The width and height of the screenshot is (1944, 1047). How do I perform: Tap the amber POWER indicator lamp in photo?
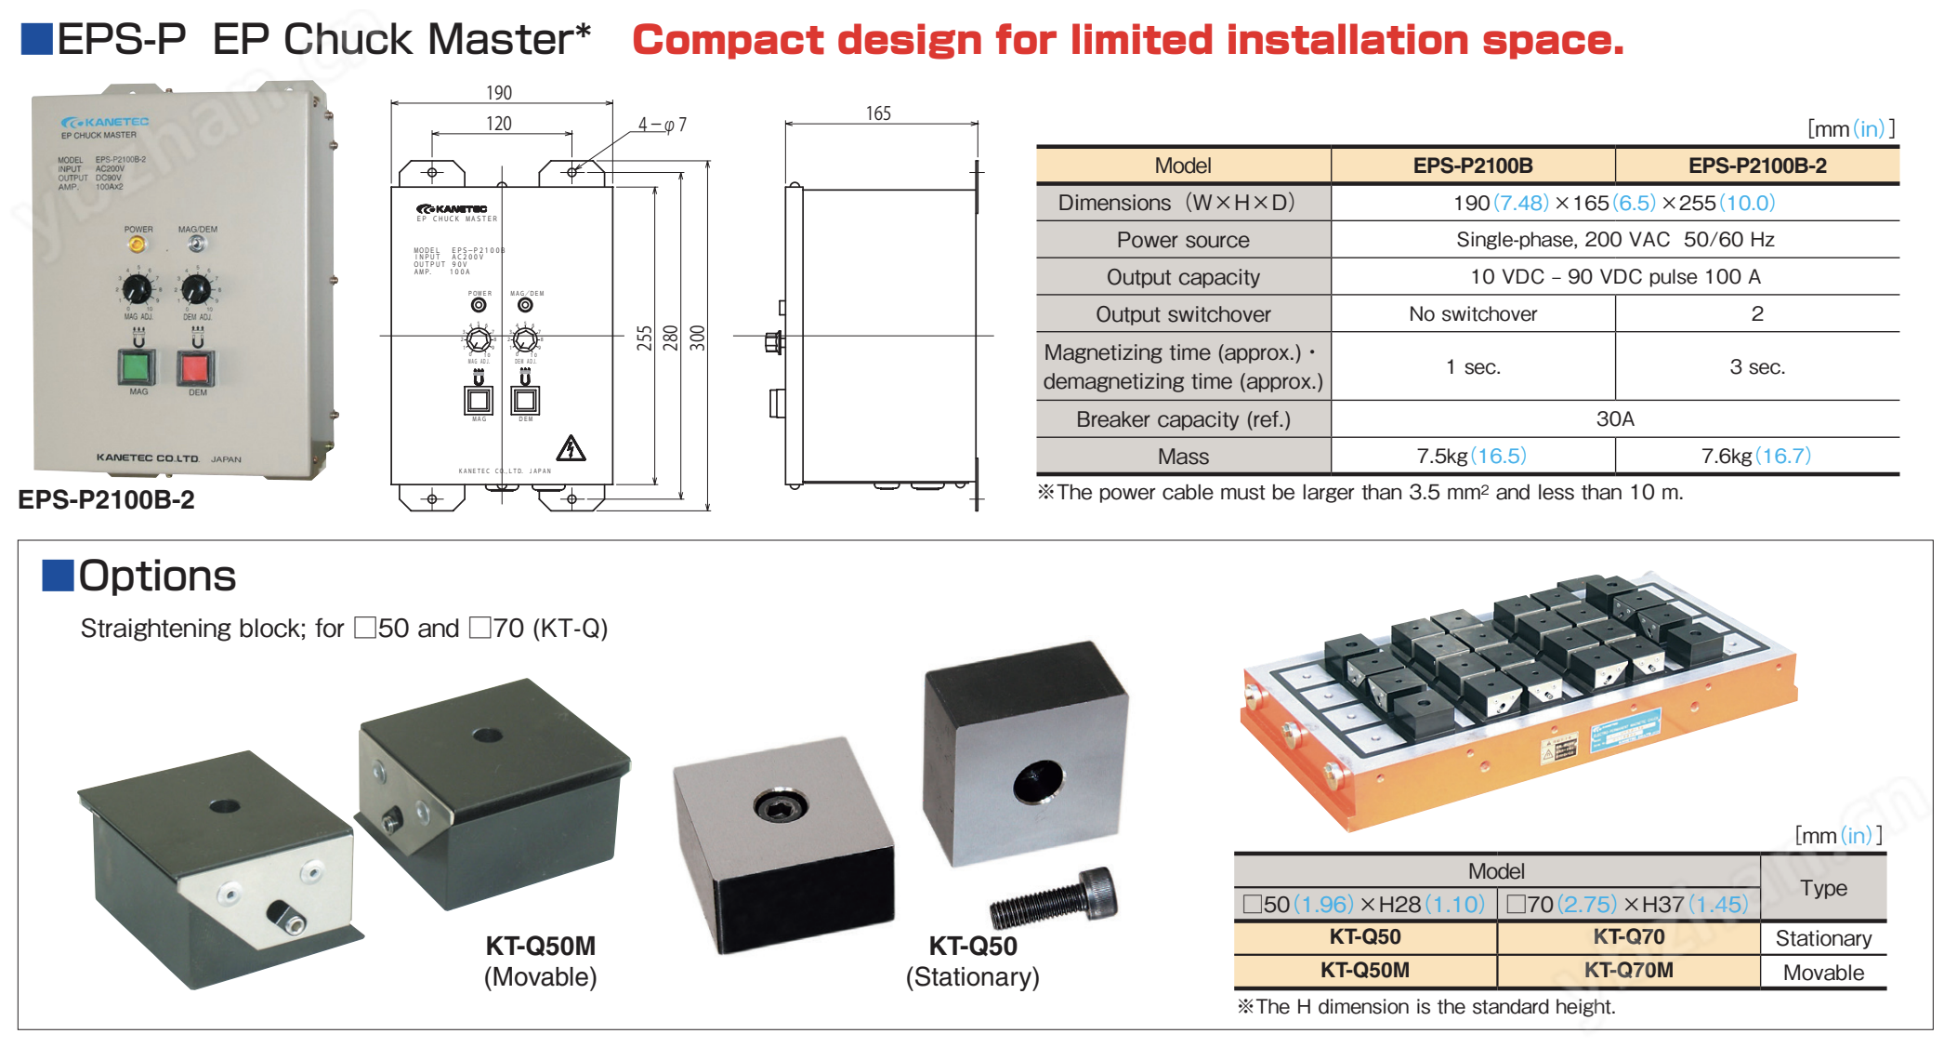point(137,245)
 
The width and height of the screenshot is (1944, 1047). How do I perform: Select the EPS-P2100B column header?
point(1473,166)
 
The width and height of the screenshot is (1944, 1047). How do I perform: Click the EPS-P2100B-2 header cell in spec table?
point(1757,166)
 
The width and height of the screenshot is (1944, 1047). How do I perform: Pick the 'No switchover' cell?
point(1473,314)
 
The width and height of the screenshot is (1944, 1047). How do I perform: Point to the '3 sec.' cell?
point(1757,367)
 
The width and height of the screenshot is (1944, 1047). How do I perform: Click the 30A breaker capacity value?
point(1615,419)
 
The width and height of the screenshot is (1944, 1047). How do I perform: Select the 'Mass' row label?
point(1183,457)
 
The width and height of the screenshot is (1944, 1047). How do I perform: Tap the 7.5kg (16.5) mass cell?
point(1472,457)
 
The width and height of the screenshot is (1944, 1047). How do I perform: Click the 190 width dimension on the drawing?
point(499,93)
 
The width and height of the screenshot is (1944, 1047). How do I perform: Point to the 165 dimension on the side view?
point(878,113)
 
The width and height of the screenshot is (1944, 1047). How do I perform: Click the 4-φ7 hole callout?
point(662,125)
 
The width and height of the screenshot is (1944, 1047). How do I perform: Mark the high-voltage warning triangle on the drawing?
point(571,448)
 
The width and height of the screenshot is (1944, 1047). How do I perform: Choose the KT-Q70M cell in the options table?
point(1628,971)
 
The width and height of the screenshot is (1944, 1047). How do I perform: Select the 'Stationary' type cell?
point(1823,938)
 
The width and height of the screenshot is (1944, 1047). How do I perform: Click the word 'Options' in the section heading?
point(157,576)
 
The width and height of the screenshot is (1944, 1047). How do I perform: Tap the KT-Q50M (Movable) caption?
point(540,961)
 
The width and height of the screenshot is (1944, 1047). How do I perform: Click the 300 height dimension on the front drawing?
point(698,338)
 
